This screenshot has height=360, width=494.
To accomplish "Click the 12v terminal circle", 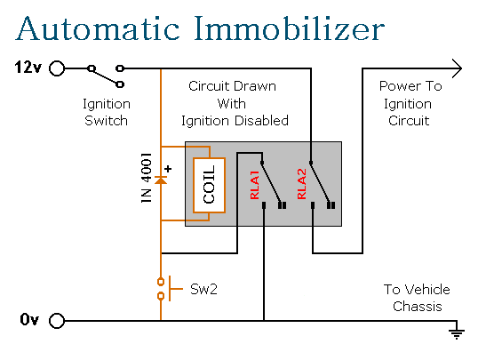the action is pyautogui.click(x=57, y=68).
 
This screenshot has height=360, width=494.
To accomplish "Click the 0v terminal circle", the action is pyautogui.click(x=57, y=321).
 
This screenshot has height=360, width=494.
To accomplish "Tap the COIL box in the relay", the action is pyautogui.click(x=209, y=185).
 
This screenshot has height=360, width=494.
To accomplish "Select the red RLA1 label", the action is pyautogui.click(x=255, y=185).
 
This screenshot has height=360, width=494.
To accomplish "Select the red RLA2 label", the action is pyautogui.click(x=301, y=184).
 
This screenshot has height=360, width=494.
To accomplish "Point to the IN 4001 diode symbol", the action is pyautogui.click(x=161, y=180).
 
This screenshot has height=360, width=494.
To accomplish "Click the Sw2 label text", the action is pyautogui.click(x=203, y=289).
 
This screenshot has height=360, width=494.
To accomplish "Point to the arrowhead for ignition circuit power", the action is pyautogui.click(x=458, y=68).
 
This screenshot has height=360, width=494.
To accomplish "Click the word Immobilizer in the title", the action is pyautogui.click(x=289, y=28).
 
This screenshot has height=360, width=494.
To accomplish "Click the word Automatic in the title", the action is pyautogui.click(x=98, y=28).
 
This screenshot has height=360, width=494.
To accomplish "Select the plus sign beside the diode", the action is pyautogui.click(x=168, y=169).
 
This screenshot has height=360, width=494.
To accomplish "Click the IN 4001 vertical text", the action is pyautogui.click(x=147, y=178).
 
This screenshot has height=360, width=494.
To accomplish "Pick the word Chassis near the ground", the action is pyautogui.click(x=418, y=307).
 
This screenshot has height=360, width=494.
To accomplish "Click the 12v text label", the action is pyautogui.click(x=28, y=68).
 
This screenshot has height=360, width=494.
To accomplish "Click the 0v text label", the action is pyautogui.click(x=29, y=320).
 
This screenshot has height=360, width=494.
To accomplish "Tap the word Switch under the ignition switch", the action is pyautogui.click(x=106, y=121).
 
